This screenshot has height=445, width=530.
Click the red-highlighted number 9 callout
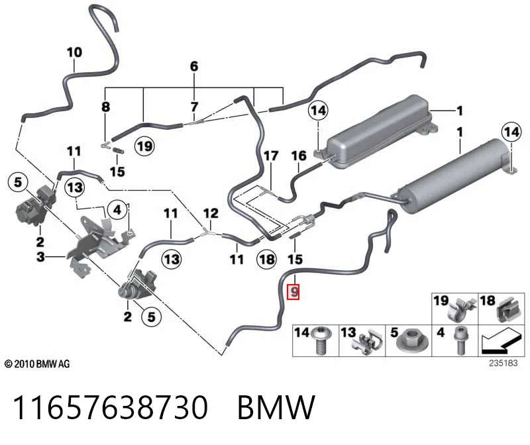[x=293, y=292]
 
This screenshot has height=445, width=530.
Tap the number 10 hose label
[x=74, y=52]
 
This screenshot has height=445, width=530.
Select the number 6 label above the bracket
[x=194, y=66]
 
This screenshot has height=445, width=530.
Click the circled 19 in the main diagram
[x=144, y=146]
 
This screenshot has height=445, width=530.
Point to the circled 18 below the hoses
[x=267, y=260]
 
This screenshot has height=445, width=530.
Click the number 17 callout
[x=271, y=156]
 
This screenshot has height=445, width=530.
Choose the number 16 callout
[x=299, y=156]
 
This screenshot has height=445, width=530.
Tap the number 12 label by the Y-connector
[x=211, y=213]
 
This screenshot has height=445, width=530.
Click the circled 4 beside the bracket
[x=117, y=210]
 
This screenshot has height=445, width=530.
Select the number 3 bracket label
[x=40, y=257]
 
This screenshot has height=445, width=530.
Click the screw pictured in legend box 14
[x=321, y=340]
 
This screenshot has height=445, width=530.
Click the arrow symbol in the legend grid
[x=502, y=342]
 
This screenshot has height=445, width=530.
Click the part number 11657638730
[x=110, y=407]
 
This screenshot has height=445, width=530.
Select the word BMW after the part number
[x=276, y=407]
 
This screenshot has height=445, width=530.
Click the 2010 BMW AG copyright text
[x=37, y=364]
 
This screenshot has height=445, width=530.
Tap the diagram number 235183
[x=503, y=364]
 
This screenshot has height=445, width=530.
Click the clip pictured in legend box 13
[x=368, y=343]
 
